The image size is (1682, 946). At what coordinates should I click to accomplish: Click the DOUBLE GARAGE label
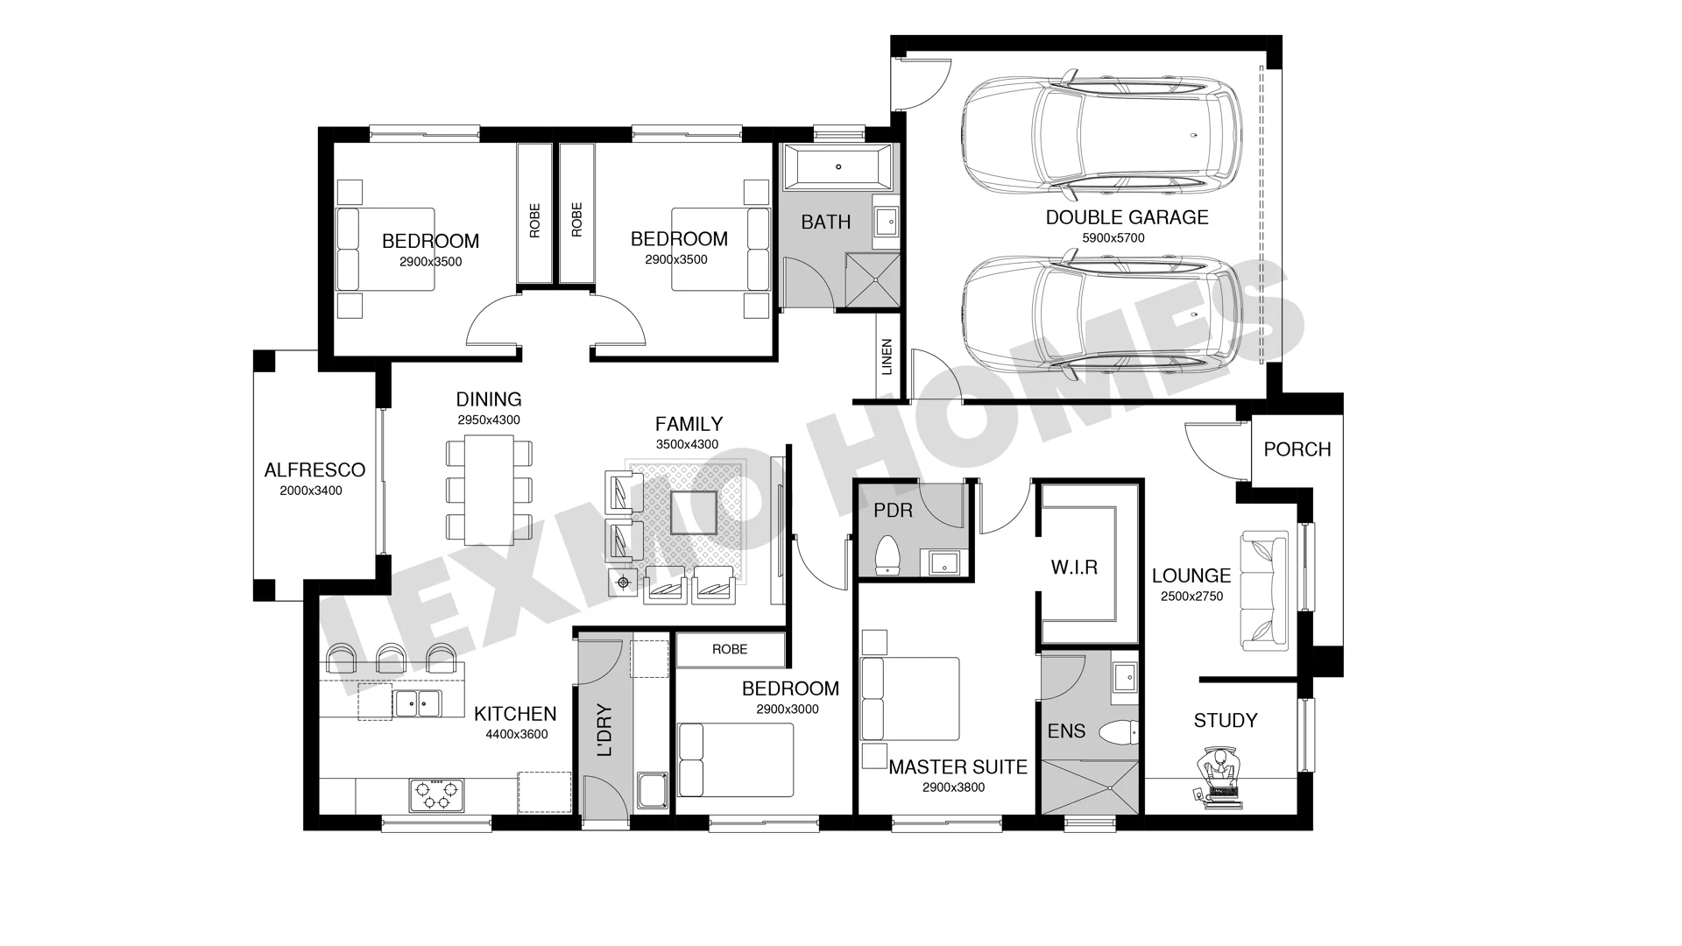point(1127,217)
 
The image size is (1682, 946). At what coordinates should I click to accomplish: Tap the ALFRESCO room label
point(314,470)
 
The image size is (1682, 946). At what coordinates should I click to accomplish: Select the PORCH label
point(1297,449)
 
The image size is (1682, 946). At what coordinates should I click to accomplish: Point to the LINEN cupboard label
point(887,357)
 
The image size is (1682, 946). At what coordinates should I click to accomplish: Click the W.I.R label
point(1074,568)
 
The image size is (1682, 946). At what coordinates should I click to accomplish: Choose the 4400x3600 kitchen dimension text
point(517,734)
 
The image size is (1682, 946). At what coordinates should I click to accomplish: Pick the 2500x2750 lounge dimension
point(1191,597)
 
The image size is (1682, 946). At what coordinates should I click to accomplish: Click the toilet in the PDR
point(888,554)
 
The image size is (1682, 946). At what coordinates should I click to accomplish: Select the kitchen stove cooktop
point(436,795)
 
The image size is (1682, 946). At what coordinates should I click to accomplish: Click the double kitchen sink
point(416,702)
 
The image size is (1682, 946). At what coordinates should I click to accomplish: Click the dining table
point(489,491)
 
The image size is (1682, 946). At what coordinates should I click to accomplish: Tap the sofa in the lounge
point(1264,590)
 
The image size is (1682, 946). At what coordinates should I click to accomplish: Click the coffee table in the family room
point(693,512)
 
